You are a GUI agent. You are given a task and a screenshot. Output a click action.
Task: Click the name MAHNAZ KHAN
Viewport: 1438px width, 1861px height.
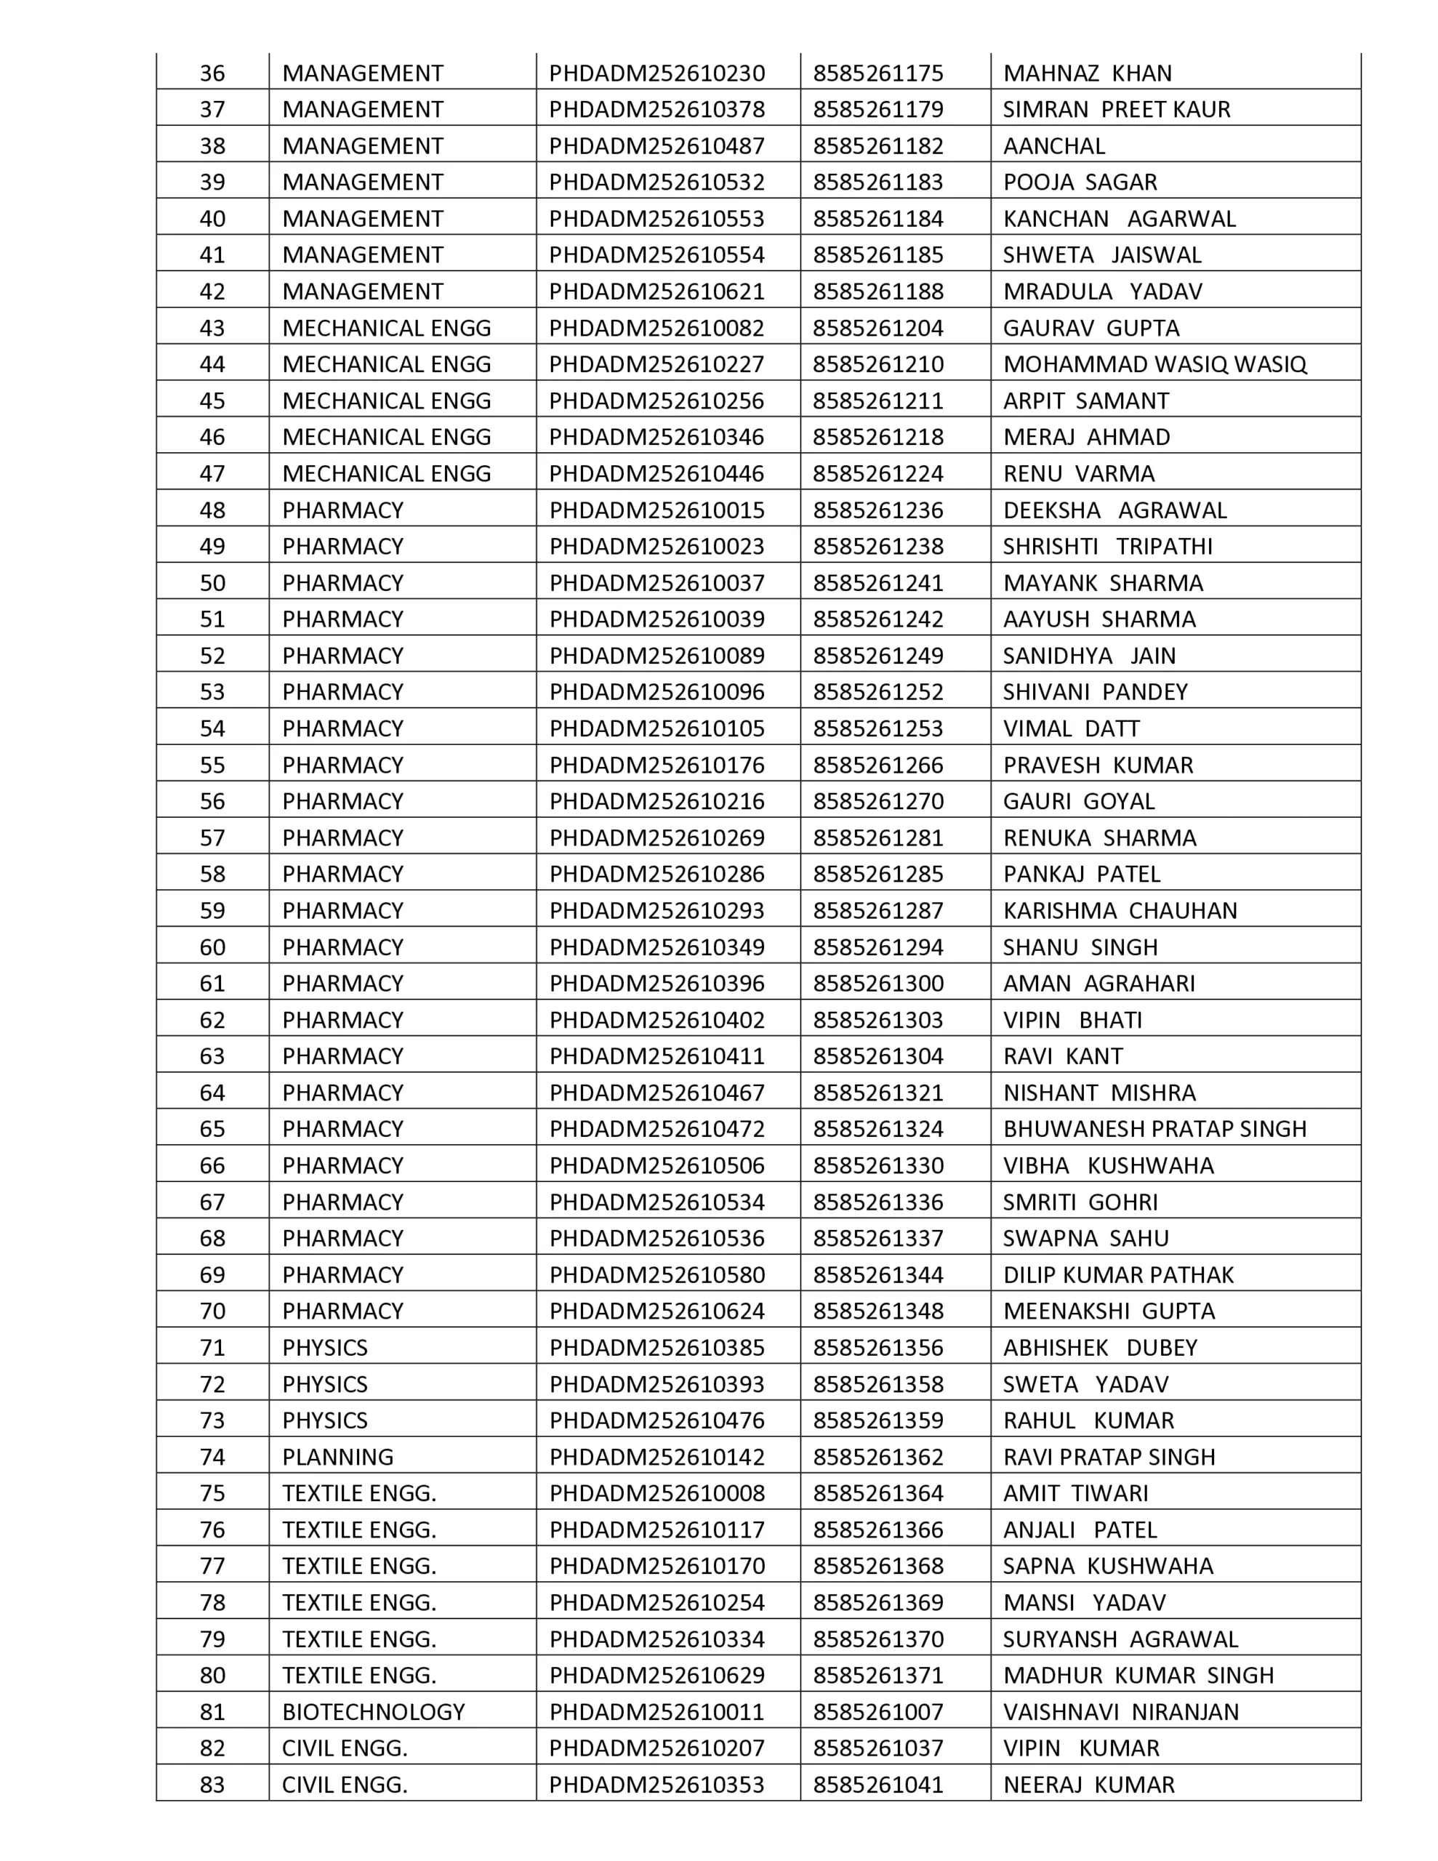click(1087, 73)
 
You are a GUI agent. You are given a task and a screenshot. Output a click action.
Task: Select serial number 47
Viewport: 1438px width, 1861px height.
click(212, 474)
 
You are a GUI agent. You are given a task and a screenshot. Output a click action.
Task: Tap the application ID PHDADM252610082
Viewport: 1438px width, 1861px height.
click(656, 328)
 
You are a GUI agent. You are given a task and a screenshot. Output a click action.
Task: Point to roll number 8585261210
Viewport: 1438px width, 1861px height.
click(878, 365)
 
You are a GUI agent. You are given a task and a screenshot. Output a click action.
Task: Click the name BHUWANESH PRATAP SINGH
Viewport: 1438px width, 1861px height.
click(1154, 1129)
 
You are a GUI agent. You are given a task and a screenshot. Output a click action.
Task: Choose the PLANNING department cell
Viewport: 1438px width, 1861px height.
click(337, 1457)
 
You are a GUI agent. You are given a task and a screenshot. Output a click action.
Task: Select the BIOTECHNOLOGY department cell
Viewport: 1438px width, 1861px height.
click(374, 1712)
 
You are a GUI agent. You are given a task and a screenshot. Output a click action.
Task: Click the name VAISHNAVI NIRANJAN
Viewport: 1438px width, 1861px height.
click(1121, 1712)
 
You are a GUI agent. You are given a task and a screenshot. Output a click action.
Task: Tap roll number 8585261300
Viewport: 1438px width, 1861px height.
click(878, 984)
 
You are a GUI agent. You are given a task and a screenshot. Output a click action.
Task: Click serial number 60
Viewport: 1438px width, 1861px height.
click(212, 947)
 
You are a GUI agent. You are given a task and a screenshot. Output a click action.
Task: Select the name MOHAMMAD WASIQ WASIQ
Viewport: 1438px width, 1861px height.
click(1154, 365)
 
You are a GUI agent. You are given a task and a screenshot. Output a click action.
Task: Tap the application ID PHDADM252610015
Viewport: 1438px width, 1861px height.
click(656, 510)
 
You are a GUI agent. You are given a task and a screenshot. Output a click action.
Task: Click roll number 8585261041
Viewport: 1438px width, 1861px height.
click(878, 1785)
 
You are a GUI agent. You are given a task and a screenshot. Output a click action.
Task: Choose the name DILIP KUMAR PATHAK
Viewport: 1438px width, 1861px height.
click(1118, 1275)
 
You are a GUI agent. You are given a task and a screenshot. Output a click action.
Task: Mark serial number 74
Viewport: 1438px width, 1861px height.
click(212, 1457)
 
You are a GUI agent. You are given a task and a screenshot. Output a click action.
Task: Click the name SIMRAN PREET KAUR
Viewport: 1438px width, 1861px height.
click(1117, 110)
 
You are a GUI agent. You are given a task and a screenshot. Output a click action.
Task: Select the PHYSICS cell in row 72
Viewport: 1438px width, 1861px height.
click(325, 1384)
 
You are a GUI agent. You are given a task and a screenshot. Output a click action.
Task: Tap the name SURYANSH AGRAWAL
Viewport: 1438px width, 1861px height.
click(1120, 1639)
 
